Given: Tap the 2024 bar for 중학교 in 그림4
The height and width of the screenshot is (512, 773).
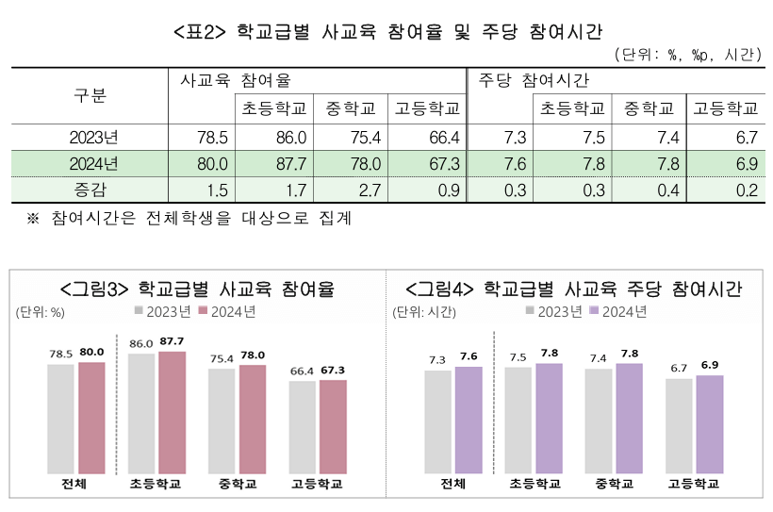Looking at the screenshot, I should (629, 417).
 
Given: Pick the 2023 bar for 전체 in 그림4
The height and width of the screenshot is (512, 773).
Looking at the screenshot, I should (437, 421).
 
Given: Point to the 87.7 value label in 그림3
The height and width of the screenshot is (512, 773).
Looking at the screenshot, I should (173, 341).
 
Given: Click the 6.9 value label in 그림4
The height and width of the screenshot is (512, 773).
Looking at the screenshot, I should (709, 364).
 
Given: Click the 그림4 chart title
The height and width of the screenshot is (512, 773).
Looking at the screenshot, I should (573, 288).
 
